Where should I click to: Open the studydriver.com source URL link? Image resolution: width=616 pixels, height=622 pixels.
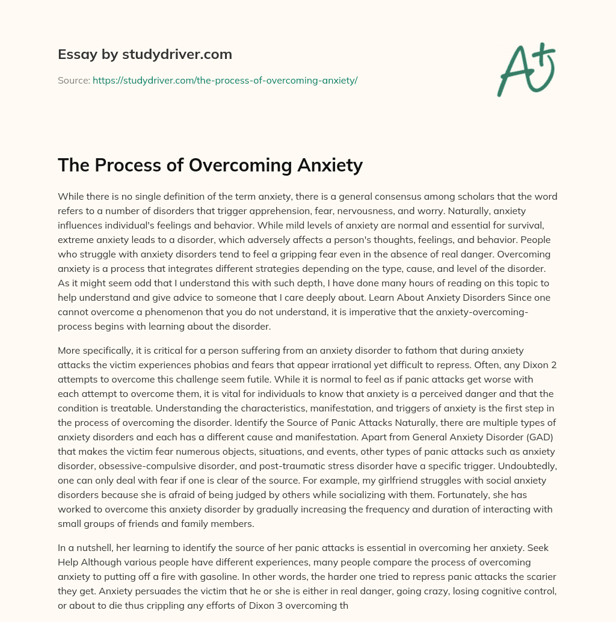click(225, 80)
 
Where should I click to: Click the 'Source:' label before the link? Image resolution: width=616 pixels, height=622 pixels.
click(73, 80)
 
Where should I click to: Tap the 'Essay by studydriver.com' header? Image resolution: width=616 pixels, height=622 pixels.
click(144, 54)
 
